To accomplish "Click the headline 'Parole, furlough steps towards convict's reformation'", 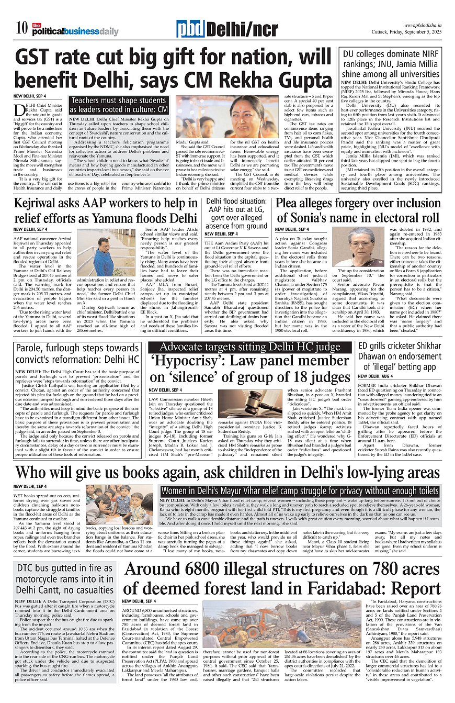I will point(77,353).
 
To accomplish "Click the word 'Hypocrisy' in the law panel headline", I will point(186,362).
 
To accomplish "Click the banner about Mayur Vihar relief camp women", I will point(300,491).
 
